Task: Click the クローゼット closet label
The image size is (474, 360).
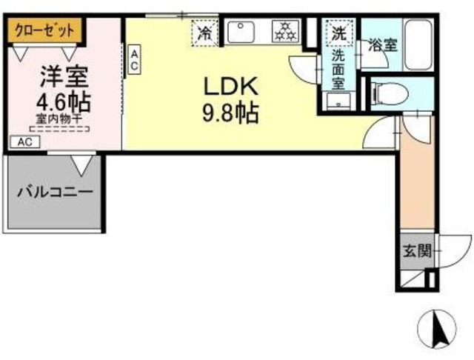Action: pyautogui.click(x=44, y=31)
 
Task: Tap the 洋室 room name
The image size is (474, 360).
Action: pyautogui.click(x=64, y=76)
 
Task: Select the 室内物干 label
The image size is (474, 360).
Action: pyautogui.click(x=59, y=119)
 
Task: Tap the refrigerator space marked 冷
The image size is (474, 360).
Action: pyautogui.click(x=204, y=33)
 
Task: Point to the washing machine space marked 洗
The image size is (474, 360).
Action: pyautogui.click(x=338, y=33)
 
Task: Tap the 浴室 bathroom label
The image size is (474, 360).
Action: pyautogui.click(x=383, y=44)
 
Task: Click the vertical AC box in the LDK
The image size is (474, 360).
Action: pyautogui.click(x=135, y=60)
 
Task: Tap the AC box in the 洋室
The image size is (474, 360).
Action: pyautogui.click(x=24, y=141)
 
